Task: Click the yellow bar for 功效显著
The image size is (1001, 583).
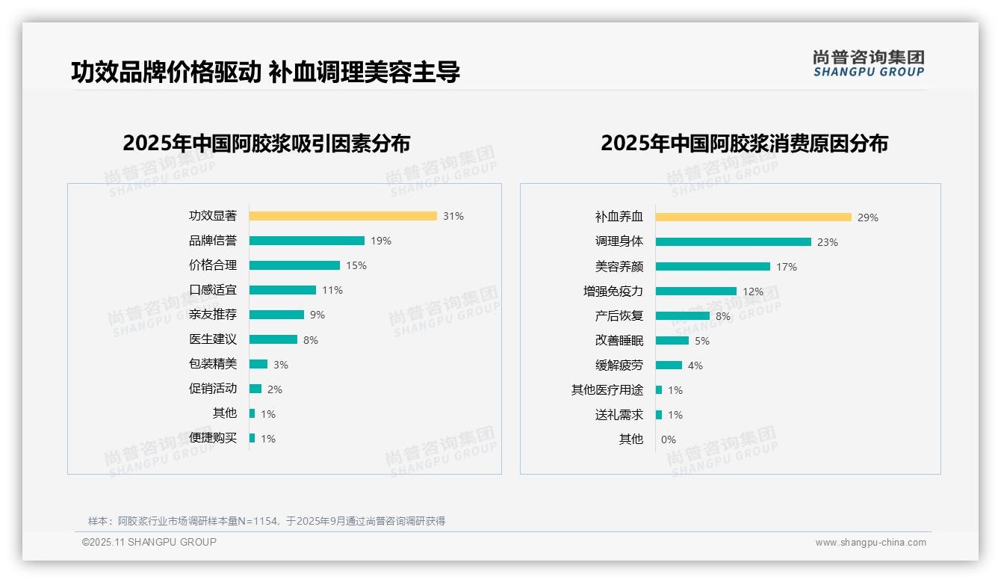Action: (x=343, y=216)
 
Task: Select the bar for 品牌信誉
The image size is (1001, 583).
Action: (x=307, y=241)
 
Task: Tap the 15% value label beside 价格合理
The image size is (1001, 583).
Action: (x=356, y=265)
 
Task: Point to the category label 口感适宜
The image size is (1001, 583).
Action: (x=213, y=290)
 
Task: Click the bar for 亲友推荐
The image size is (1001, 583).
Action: (x=276, y=315)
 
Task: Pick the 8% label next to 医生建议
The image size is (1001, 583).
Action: (x=311, y=340)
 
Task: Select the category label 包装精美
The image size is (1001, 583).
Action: (x=213, y=364)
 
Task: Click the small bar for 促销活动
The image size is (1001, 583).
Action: (x=255, y=389)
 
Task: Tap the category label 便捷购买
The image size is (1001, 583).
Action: (x=213, y=438)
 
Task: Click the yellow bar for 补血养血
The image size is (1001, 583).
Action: (x=754, y=218)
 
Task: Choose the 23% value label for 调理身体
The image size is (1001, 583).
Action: (x=828, y=242)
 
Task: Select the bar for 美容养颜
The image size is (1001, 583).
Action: (x=713, y=266)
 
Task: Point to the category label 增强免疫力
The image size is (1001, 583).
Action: (x=613, y=291)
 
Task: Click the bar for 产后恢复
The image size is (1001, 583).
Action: (x=683, y=315)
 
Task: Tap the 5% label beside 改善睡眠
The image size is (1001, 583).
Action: (x=702, y=341)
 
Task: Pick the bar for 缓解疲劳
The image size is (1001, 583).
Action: (x=669, y=365)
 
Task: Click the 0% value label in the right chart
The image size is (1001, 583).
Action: (x=669, y=439)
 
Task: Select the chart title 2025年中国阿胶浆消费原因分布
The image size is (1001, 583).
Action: (x=744, y=144)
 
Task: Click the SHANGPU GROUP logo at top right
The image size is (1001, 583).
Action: (x=869, y=64)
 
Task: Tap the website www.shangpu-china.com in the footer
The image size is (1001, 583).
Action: (x=870, y=543)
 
